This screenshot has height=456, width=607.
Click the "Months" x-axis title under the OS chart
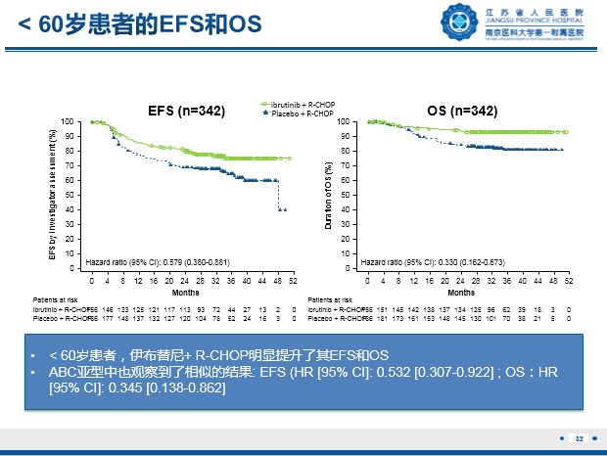coord(461,292)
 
